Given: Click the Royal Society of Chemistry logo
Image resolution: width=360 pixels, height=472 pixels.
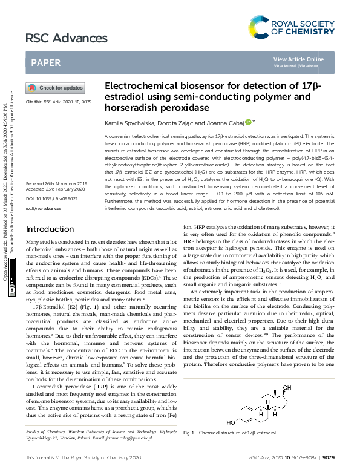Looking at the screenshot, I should pos(291,27).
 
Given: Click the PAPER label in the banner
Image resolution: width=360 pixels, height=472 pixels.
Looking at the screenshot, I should pos(45,62).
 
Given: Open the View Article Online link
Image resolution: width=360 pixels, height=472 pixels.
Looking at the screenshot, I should pos(298,59).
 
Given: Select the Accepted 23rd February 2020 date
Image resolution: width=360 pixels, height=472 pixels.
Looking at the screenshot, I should pos(56,189).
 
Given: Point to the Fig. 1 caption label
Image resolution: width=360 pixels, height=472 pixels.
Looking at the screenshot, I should pos(188,433).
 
